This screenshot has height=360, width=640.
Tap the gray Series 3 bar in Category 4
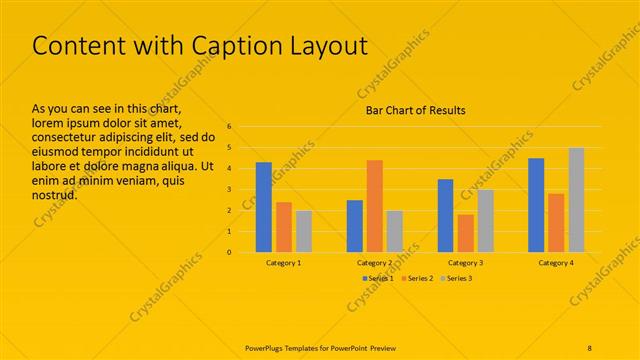coord(576,200)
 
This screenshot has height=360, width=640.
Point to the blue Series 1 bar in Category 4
coord(536,205)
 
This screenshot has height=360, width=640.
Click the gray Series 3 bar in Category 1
coord(304,231)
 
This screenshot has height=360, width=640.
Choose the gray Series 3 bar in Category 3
coord(485,221)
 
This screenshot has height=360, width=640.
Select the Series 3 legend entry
coord(455,277)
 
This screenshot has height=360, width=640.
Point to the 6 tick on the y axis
coord(229,127)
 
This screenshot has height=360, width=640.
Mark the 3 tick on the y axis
coord(229,190)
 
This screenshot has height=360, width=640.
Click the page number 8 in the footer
coord(589,347)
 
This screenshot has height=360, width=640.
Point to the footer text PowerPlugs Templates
coord(290,347)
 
